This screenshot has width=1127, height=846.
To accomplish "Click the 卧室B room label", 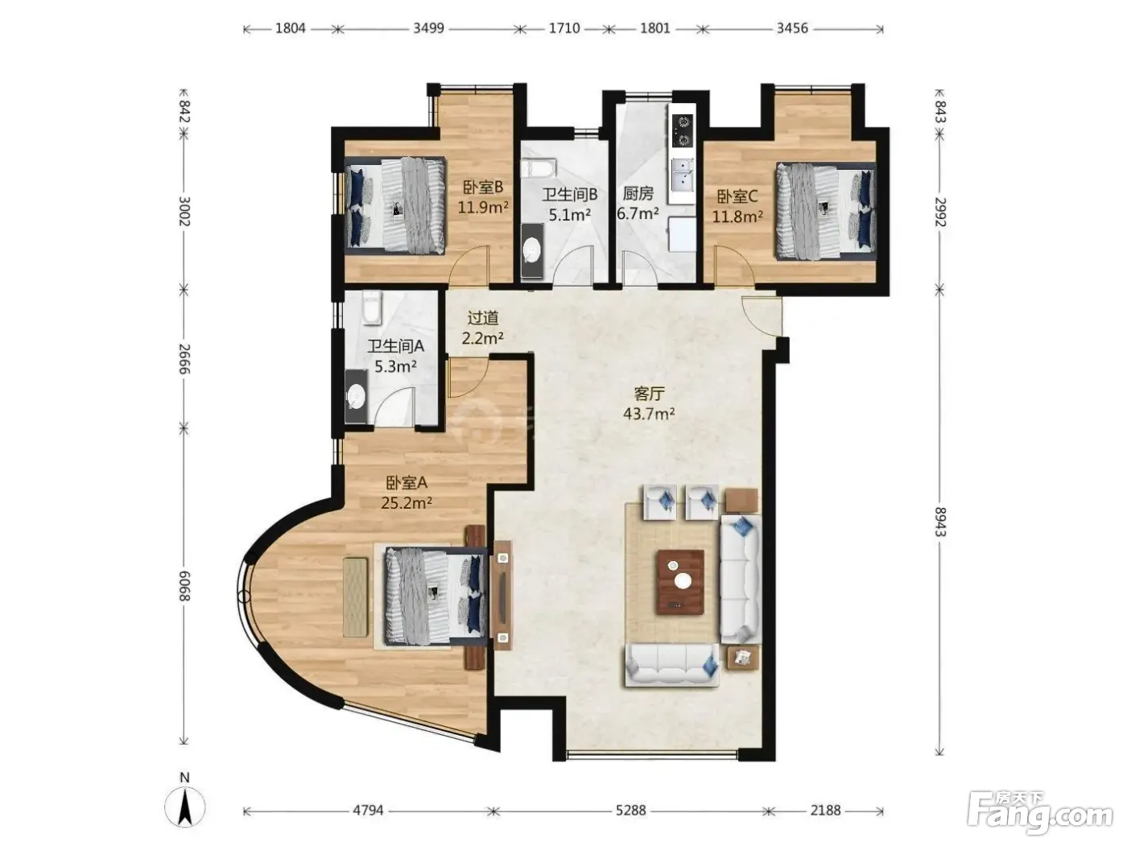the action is (483, 187).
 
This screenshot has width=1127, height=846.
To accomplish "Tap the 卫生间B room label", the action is (569, 195).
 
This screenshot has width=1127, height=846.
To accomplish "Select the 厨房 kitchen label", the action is (638, 193).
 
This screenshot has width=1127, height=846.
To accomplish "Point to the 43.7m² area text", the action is (649, 413).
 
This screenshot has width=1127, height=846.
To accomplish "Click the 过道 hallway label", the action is (483, 318).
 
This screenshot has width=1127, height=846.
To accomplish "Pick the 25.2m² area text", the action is (407, 502).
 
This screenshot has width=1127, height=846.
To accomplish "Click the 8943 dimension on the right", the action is (939, 522).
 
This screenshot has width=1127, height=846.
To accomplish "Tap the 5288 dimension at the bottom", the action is (630, 810).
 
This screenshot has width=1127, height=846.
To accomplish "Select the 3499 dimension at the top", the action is (429, 28).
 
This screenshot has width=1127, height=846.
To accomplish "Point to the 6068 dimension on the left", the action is (184, 586).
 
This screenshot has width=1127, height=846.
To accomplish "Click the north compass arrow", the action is (185, 807).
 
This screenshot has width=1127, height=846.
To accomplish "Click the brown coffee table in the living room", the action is (680, 582).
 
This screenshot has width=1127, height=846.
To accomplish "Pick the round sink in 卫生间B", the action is (531, 251).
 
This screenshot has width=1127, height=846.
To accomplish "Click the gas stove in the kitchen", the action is (683, 130).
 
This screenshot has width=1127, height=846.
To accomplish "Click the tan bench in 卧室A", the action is (355, 597).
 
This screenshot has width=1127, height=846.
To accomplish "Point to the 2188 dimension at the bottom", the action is (826, 810).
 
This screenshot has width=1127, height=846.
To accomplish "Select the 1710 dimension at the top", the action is (564, 28).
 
